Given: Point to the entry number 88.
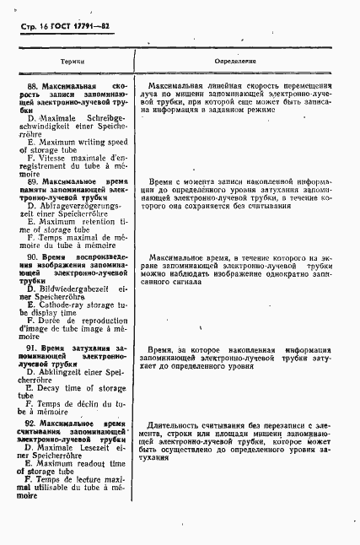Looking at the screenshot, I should [35, 86].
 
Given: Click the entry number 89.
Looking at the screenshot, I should [35, 181].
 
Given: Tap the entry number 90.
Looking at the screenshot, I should [35, 256].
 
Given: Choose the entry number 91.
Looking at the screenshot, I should [35, 348].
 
